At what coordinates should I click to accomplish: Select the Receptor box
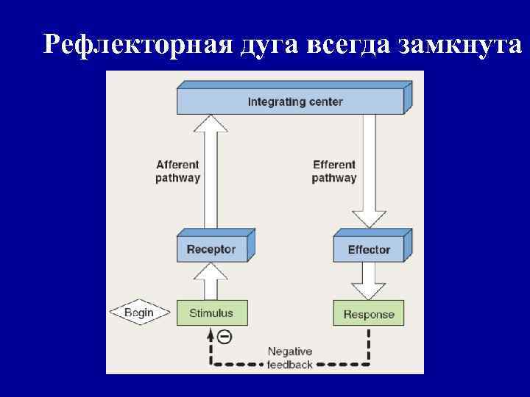point(211,249)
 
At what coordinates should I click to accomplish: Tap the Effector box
point(369,249)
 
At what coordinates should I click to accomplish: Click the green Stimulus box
point(211,312)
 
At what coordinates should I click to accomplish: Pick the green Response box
point(369,314)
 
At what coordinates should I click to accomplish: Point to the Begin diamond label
point(139,312)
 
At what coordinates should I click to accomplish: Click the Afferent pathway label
point(177,171)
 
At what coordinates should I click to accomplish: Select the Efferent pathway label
point(334,171)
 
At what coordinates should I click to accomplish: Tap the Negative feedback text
point(290,358)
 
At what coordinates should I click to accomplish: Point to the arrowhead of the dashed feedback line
point(211,335)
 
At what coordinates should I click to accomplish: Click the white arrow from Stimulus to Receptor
point(211,281)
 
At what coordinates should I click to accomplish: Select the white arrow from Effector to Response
point(369,281)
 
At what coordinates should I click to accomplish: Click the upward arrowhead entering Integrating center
point(211,124)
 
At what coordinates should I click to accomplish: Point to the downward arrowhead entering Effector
point(369,219)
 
